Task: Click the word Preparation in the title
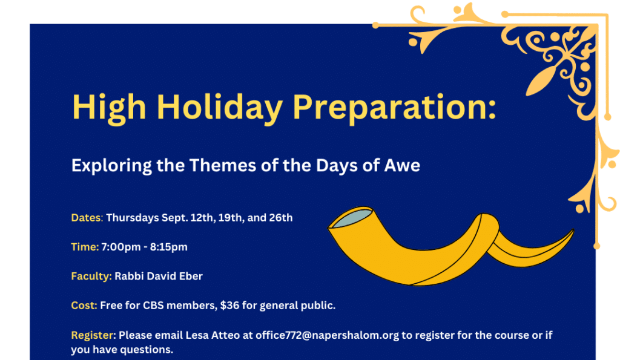pos(394,108)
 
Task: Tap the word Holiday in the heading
pos(219,108)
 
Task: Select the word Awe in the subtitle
pos(402,165)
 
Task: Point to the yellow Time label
pos(85,247)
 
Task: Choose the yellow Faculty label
pos(91,277)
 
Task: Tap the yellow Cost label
pos(84,306)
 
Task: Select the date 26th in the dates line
pos(281,218)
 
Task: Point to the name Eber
pos(191,277)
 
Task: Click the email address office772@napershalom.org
pos(327,336)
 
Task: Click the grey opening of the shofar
pos(352,218)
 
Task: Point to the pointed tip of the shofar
pos(573,229)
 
